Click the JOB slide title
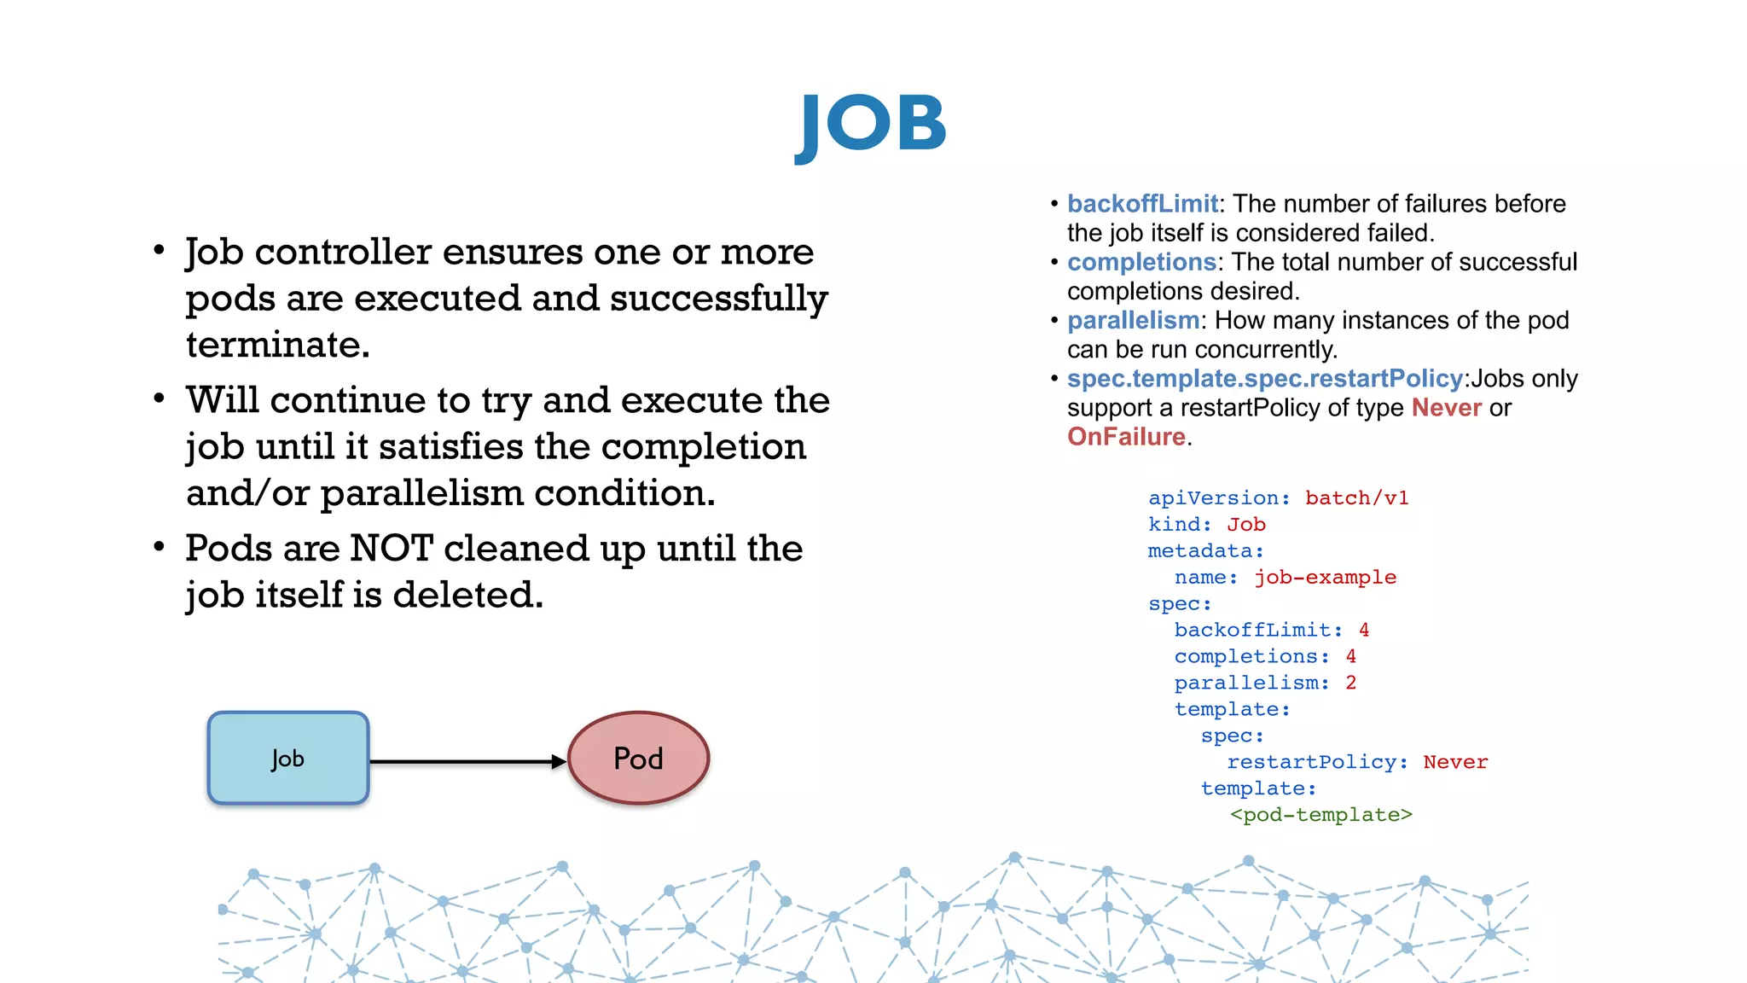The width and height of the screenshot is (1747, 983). tap(871, 125)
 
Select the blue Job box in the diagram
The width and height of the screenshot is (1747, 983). tap(288, 758)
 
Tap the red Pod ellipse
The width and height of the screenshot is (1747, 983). tap(638, 758)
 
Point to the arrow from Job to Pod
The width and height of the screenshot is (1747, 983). tap(467, 761)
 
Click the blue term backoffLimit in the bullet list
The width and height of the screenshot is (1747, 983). tap(1142, 204)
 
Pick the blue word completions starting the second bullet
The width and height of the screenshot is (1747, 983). tap(1141, 262)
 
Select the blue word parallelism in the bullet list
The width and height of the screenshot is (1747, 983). tap(1133, 320)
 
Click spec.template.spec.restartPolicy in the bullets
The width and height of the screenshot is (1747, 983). tap(1265, 378)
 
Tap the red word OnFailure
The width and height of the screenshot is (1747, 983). tap(1126, 437)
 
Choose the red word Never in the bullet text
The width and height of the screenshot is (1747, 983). tap(1446, 408)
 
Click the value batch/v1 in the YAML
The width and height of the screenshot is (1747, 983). tap(1356, 497)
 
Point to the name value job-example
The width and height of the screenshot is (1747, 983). tap(1325, 577)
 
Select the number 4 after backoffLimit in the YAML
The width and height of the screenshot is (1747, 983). tap(1364, 630)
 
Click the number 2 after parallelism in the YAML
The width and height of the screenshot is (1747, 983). tap(1350, 683)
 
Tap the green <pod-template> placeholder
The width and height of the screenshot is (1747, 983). tap(1320, 815)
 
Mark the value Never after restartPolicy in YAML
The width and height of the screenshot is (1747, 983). tap(1455, 762)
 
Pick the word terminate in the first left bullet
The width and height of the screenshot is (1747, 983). tap(277, 345)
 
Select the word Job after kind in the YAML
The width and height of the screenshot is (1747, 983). tap(1246, 524)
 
